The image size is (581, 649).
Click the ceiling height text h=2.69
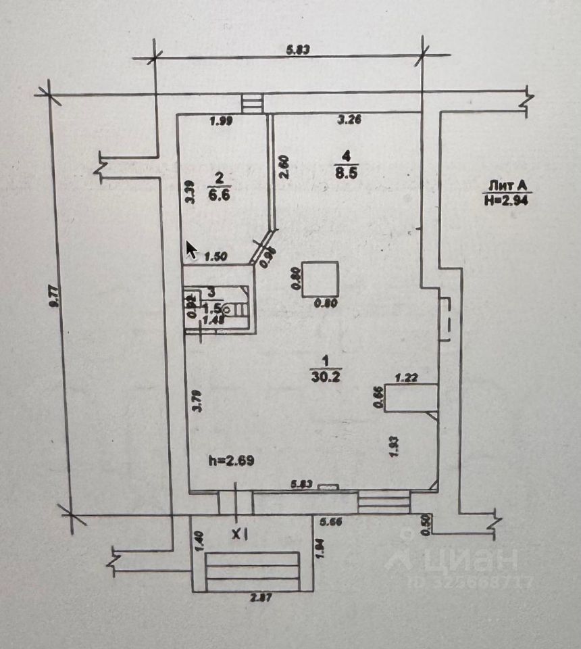(x=232, y=461)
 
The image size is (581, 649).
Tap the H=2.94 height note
(x=506, y=198)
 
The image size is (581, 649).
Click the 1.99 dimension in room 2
(x=221, y=122)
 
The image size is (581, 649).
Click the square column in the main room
(x=320, y=279)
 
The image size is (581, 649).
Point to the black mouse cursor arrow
(x=191, y=249)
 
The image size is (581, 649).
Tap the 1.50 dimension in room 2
(x=214, y=256)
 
